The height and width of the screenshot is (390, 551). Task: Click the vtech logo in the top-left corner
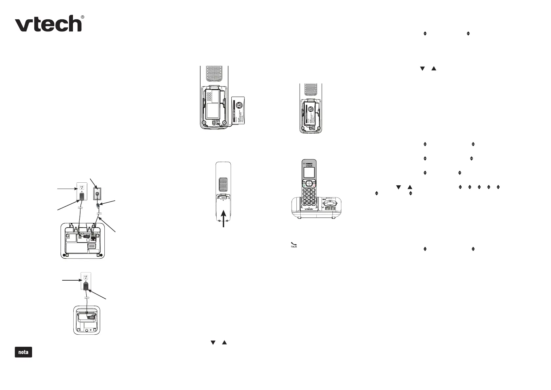click(x=49, y=24)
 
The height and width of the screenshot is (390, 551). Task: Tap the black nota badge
click(x=23, y=352)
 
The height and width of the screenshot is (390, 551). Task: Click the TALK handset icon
click(x=293, y=244)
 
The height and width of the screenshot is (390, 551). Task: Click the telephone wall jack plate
click(x=97, y=194)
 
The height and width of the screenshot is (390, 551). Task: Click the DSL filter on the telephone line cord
click(x=98, y=206)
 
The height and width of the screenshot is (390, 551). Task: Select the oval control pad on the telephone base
click(x=330, y=204)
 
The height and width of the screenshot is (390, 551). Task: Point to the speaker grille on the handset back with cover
click(x=223, y=185)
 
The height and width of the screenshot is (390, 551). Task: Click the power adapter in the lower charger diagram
click(x=86, y=286)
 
